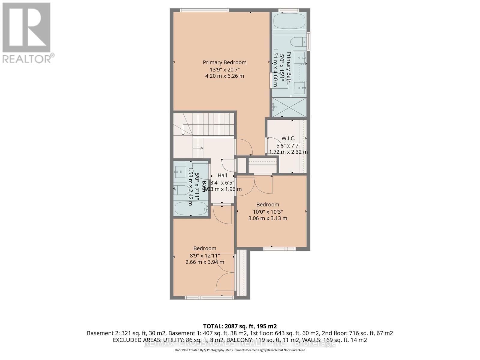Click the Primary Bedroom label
224,62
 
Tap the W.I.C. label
288,138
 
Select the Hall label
222,175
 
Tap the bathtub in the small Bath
191,208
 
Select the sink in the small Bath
181,172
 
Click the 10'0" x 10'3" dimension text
268,211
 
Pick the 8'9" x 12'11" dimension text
205,255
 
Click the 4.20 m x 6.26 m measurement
224,76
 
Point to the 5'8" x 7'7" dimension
288,145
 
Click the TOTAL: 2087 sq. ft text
240,326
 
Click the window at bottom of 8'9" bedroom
209,298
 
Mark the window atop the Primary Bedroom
204,10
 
